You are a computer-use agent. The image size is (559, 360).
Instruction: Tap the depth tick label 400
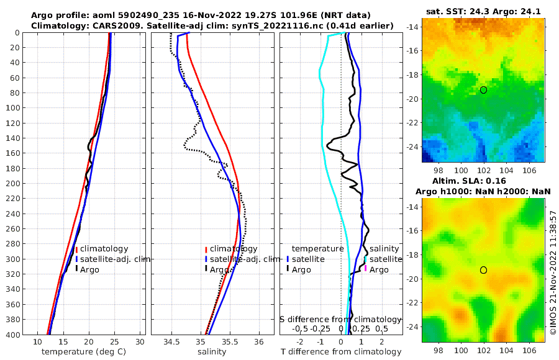[x=12, y=335]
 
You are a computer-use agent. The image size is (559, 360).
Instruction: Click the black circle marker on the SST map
[x=483, y=90]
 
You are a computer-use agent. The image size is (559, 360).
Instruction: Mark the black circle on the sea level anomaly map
[x=483, y=270]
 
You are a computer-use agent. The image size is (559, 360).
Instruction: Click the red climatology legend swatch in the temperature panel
[x=76, y=250]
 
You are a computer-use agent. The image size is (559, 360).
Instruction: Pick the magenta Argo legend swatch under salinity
[x=366, y=269]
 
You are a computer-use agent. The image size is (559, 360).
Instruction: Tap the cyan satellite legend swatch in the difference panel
[x=366, y=258]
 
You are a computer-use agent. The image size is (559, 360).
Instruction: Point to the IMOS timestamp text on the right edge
[x=553, y=273]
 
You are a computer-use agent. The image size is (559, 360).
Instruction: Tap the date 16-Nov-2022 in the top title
[x=184, y=15]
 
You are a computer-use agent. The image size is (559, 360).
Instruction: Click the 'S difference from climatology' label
[x=340, y=318]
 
